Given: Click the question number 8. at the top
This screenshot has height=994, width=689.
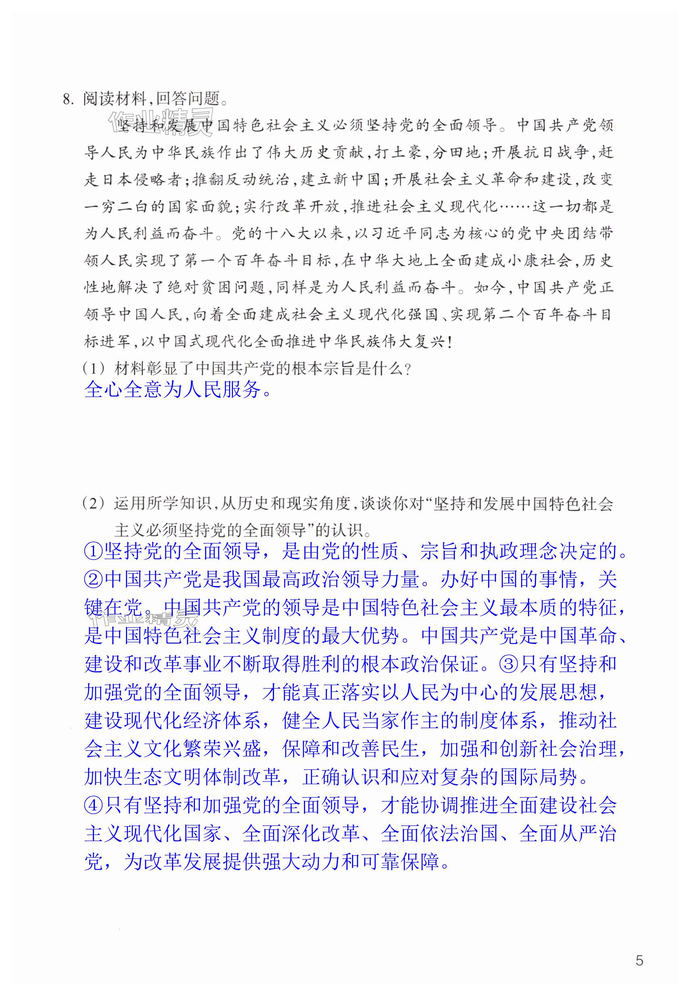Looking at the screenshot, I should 69,99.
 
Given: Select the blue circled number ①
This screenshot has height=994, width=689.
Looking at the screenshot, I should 93,551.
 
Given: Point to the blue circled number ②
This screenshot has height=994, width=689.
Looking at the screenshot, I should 93,579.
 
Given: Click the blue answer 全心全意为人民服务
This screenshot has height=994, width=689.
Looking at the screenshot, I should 173,390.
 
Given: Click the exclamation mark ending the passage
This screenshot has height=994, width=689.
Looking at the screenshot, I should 450,342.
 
